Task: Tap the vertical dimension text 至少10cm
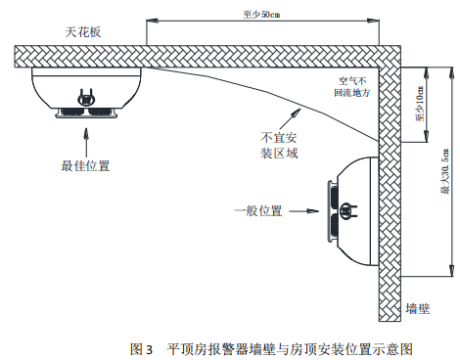[419, 103]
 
